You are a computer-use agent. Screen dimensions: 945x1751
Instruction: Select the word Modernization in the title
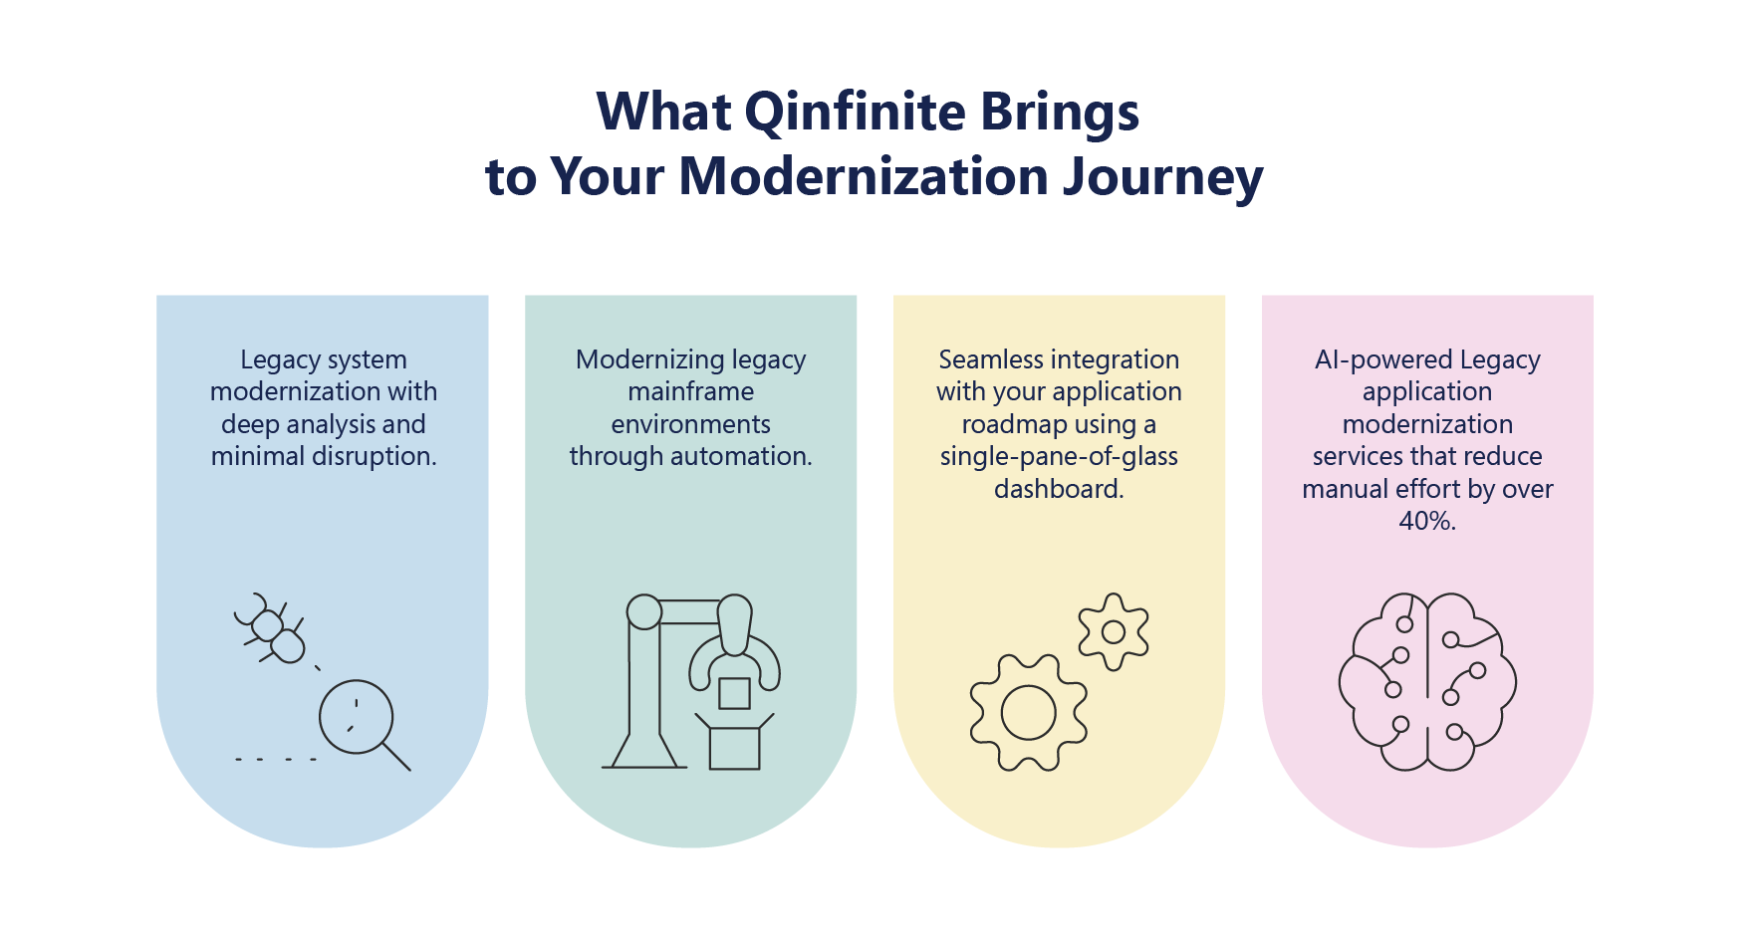[x=864, y=177]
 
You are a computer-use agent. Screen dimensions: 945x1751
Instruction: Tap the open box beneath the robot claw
[x=734, y=744]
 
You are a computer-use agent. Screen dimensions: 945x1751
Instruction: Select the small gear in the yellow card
[x=1114, y=631]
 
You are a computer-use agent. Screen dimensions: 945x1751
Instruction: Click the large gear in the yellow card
[x=1028, y=712]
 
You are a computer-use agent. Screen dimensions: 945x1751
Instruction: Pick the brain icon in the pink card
[x=1427, y=682]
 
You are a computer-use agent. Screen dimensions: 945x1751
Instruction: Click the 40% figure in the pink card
[x=1426, y=521]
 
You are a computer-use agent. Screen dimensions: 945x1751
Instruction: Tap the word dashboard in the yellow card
[x=1058, y=489]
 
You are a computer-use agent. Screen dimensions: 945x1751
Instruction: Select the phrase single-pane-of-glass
[x=1059, y=456]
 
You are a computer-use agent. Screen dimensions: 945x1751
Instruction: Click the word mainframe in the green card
[x=690, y=391]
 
